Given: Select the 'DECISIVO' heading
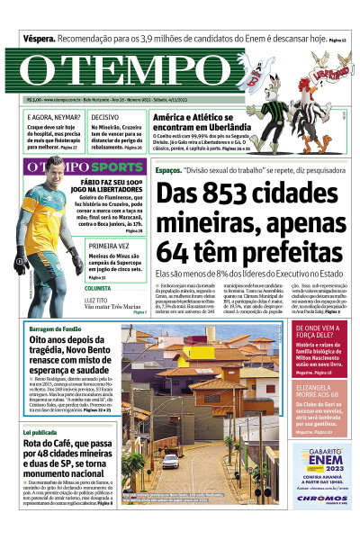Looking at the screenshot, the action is pos(105,118).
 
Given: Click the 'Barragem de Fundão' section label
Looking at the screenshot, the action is pos(55,329).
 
